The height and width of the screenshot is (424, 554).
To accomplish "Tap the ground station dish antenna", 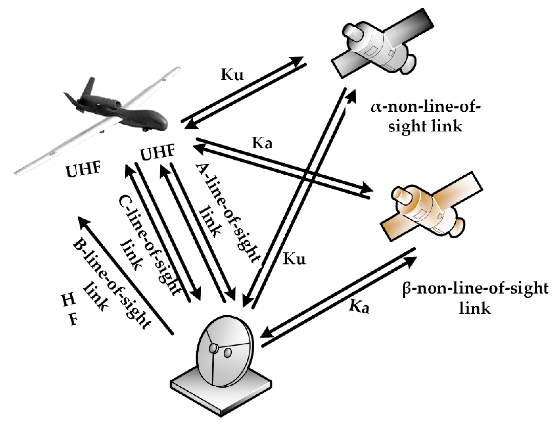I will coord(225,351).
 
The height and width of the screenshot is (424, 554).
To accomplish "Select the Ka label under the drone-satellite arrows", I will coord(262,143).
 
